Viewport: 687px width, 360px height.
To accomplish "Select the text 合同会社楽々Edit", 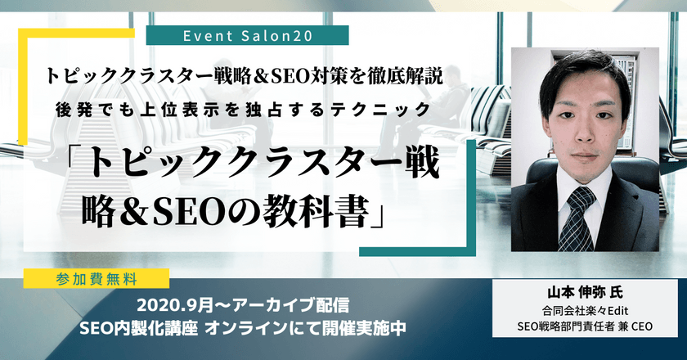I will pos(586,311).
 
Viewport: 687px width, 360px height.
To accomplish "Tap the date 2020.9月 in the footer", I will pos(174,307).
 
